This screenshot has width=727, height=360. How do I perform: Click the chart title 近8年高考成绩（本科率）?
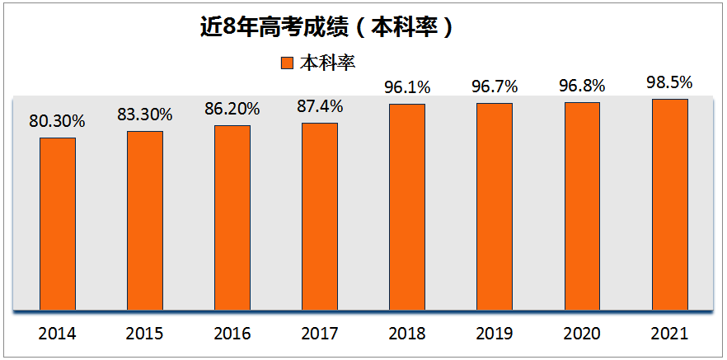tap(327, 26)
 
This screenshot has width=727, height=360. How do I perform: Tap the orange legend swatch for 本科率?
tap(287, 63)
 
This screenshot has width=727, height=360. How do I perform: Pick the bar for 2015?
tap(145, 221)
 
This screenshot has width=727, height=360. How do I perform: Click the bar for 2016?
tap(232, 218)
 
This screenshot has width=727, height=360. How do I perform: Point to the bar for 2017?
tap(320, 217)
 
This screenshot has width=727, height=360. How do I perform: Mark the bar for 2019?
tap(495, 207)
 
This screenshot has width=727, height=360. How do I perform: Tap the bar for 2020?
tap(582, 207)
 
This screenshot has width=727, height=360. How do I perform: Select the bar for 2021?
tap(669, 205)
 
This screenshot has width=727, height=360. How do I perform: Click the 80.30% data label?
tap(58, 121)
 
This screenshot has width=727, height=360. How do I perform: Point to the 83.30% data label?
tap(145, 115)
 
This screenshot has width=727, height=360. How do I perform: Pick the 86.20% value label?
tap(232, 109)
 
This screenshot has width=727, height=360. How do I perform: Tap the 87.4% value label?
tap(320, 106)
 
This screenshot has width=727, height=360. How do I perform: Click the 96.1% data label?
tap(407, 86)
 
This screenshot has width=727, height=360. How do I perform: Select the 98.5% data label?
tap(669, 82)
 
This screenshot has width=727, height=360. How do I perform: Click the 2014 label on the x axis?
tap(58, 334)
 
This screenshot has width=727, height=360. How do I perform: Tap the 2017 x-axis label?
tap(320, 334)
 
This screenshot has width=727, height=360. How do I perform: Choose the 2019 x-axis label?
tap(495, 334)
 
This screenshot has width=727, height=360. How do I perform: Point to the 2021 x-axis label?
tap(669, 334)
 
